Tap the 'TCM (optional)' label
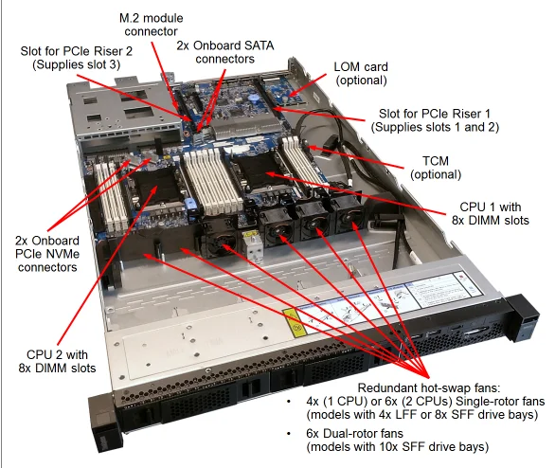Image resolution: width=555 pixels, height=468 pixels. pyautogui.click(x=436, y=167)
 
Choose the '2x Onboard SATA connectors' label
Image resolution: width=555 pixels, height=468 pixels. pyautogui.click(x=224, y=51)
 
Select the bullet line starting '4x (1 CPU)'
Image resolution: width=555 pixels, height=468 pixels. pyautogui.click(x=418, y=403)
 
